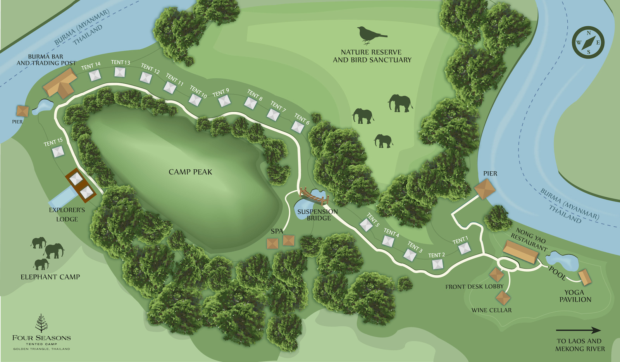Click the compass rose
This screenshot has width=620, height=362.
pyautogui.click(x=588, y=43)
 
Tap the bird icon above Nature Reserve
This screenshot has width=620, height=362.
pyautogui.click(x=371, y=35)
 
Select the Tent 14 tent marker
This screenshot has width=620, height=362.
pyautogui.click(x=95, y=75)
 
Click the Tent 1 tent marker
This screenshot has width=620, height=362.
pyautogui.click(x=464, y=248)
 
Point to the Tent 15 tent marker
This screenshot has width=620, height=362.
pyautogui.click(x=58, y=152)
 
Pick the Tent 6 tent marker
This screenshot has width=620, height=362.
pyautogui.click(x=298, y=127)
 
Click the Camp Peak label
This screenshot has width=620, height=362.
pyautogui.click(x=190, y=172)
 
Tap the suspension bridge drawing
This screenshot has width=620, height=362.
pyautogui.click(x=314, y=196)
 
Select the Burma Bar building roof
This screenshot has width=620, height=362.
pyautogui.click(x=60, y=83)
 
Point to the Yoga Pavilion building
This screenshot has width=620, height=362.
pyautogui.click(x=585, y=277)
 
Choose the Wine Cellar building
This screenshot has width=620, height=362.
pyautogui.click(x=503, y=298)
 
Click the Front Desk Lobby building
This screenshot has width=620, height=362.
pyautogui.click(x=496, y=274)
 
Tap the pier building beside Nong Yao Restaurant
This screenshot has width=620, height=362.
pyautogui.click(x=485, y=189)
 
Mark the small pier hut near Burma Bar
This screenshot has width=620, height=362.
pyautogui.click(x=22, y=111)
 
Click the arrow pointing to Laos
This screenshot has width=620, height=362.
pyautogui.click(x=578, y=331)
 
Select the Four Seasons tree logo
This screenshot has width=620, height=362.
pyautogui.click(x=41, y=324)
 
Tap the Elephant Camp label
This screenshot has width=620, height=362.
pyautogui.click(x=50, y=277)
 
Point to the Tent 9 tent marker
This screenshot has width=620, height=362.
pyautogui.click(x=224, y=101)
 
